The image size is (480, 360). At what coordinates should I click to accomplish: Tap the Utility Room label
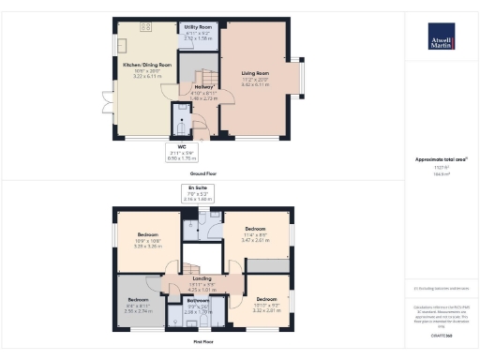click(x=197, y=30)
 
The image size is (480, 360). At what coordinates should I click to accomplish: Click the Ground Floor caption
click(x=202, y=173)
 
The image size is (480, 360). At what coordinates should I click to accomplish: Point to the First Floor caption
click(x=202, y=342)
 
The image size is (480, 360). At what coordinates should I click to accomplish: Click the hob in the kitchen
click(x=147, y=26)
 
